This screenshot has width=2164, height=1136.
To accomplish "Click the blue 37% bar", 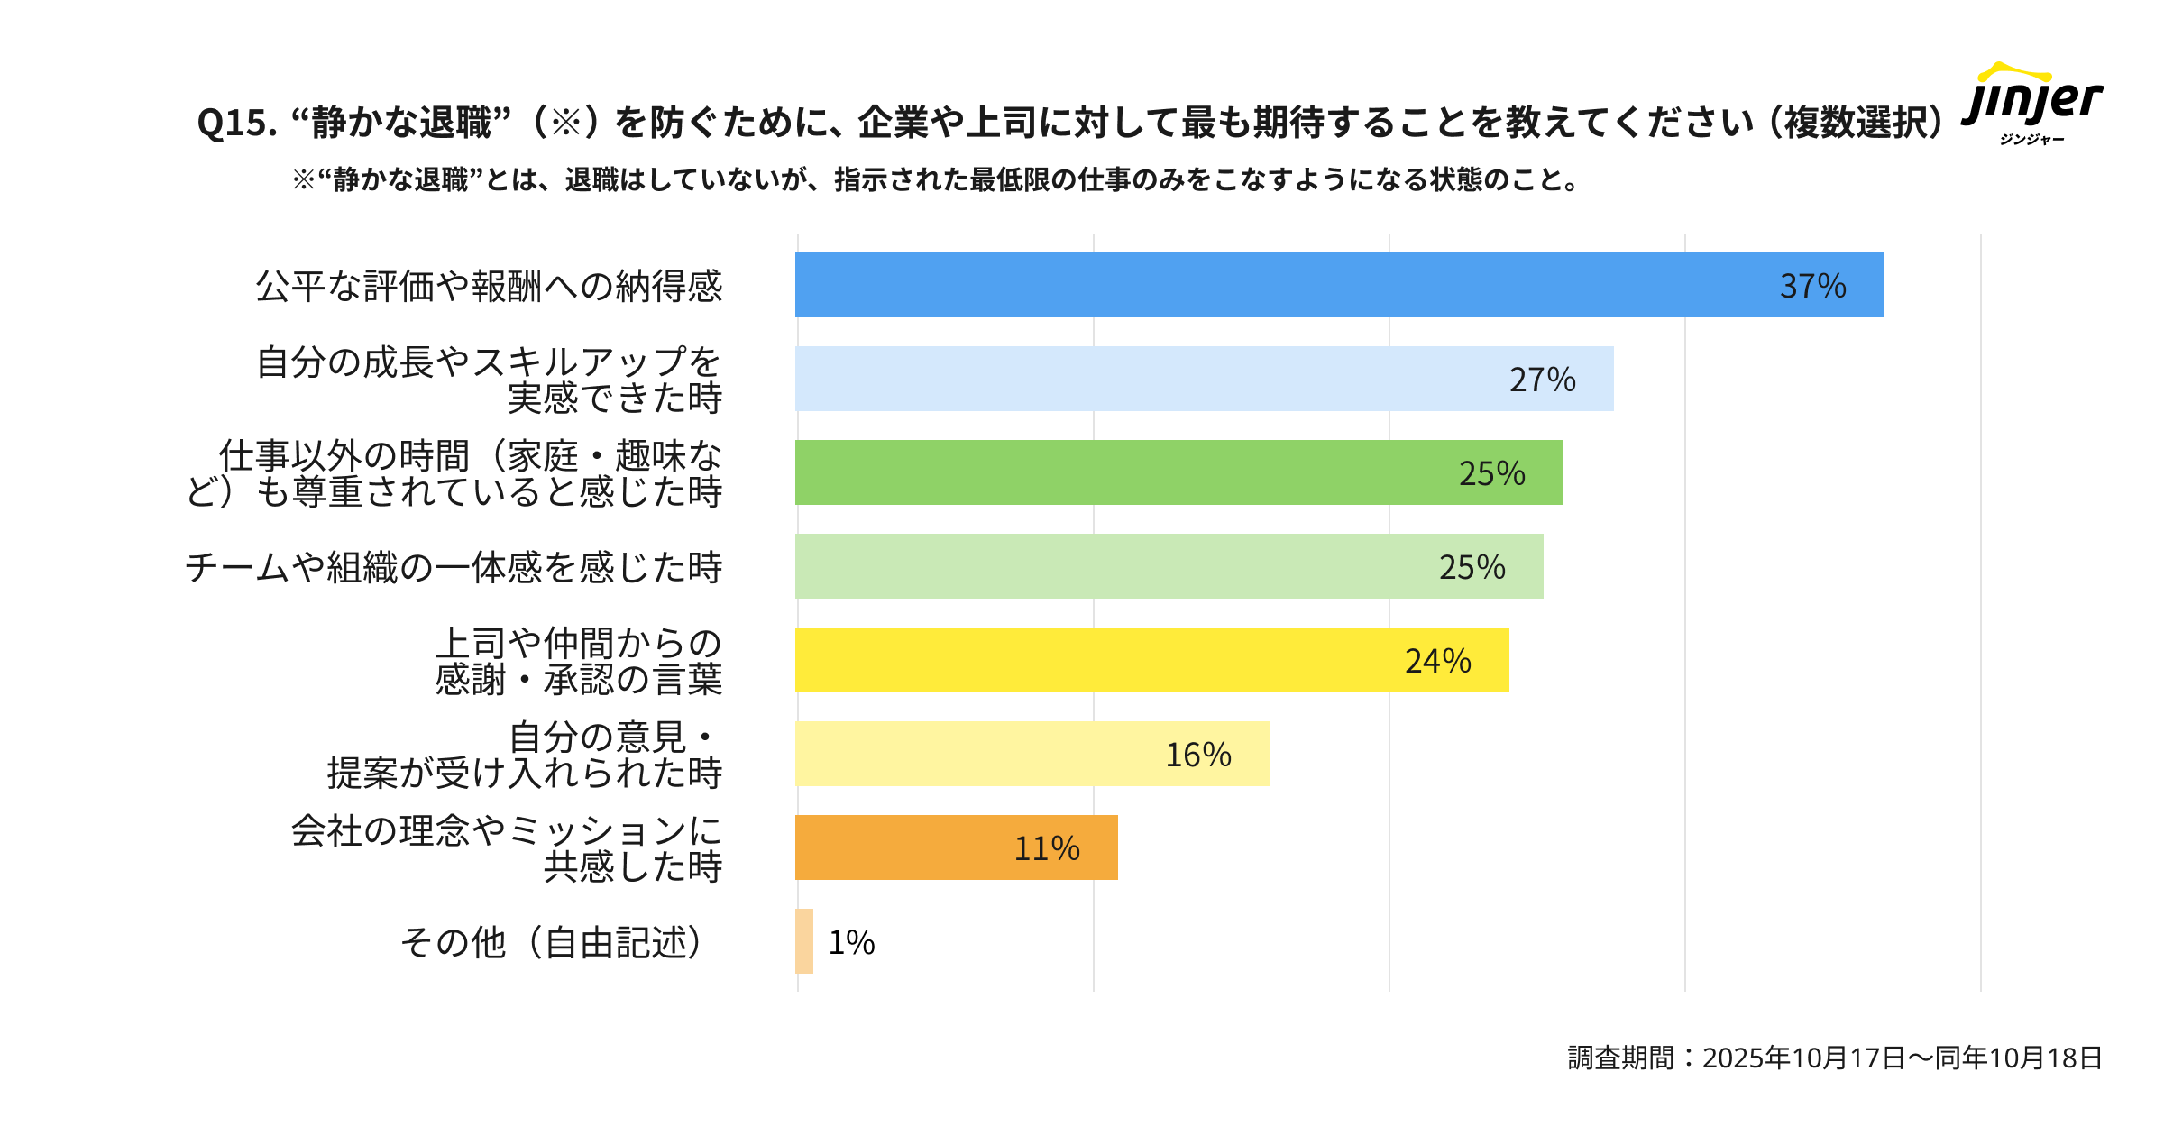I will (1339, 285).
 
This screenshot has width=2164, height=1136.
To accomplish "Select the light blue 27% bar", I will (1204, 379).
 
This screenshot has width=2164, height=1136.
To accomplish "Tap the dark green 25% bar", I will (1178, 472).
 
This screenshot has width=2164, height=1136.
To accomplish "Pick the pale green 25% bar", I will (1169, 566).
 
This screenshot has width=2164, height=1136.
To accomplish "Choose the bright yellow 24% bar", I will (1151, 660).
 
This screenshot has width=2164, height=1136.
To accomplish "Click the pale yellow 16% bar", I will (1032, 754).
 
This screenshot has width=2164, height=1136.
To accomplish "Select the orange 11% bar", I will (956, 847).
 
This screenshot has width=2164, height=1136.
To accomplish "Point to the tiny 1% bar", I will (804, 941).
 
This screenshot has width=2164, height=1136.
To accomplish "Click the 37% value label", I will (1812, 286).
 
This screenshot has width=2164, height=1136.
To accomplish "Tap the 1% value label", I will (851, 942).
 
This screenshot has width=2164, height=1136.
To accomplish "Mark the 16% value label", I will (1197, 755).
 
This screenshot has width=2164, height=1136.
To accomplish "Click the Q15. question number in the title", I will (237, 123).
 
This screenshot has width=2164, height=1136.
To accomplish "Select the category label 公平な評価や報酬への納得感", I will (489, 286).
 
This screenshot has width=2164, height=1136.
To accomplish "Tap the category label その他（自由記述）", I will (551, 942).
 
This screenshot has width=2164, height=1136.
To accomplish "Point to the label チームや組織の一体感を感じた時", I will (454, 567).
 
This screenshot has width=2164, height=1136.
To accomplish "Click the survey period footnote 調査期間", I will (1834, 1058).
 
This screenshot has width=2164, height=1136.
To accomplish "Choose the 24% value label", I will (1437, 661).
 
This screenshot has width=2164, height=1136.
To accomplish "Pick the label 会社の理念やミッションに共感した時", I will (506, 847).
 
